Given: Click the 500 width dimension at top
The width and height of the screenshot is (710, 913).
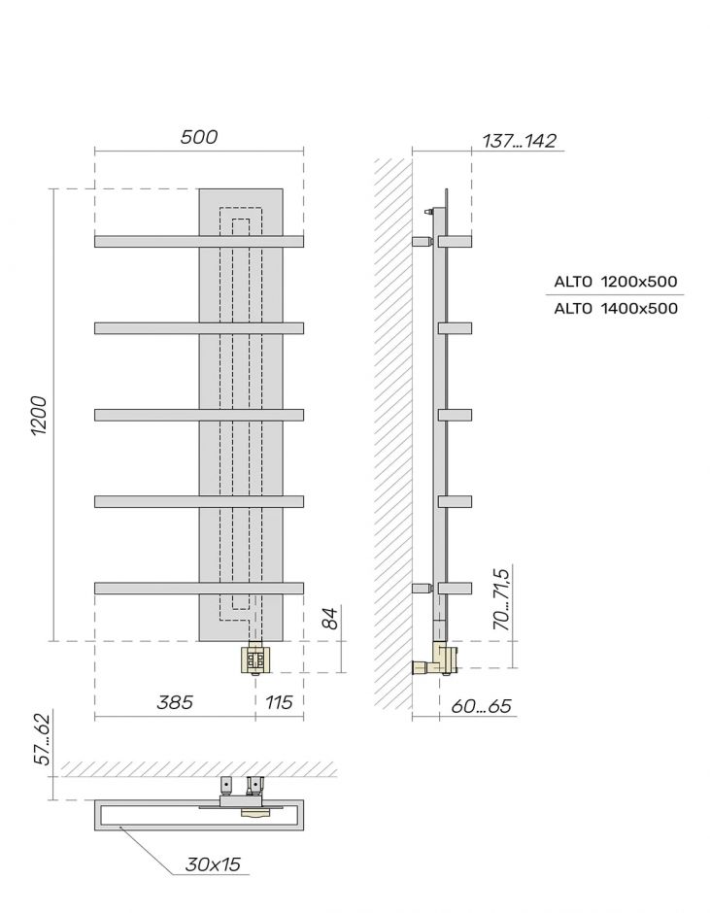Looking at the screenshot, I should (x=198, y=137).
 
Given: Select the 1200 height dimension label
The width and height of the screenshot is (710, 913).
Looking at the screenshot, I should (x=39, y=416).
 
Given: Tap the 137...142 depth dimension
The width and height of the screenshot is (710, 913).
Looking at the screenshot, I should (x=519, y=141).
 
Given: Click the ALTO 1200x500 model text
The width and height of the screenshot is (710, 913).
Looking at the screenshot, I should (x=615, y=282).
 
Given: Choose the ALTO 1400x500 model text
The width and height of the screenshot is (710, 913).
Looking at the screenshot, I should (x=615, y=309).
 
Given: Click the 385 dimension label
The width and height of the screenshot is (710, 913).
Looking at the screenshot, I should (x=175, y=701).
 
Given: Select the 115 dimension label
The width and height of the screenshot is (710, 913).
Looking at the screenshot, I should (x=278, y=701).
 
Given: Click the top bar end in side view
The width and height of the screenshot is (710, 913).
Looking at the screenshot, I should (x=455, y=239).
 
